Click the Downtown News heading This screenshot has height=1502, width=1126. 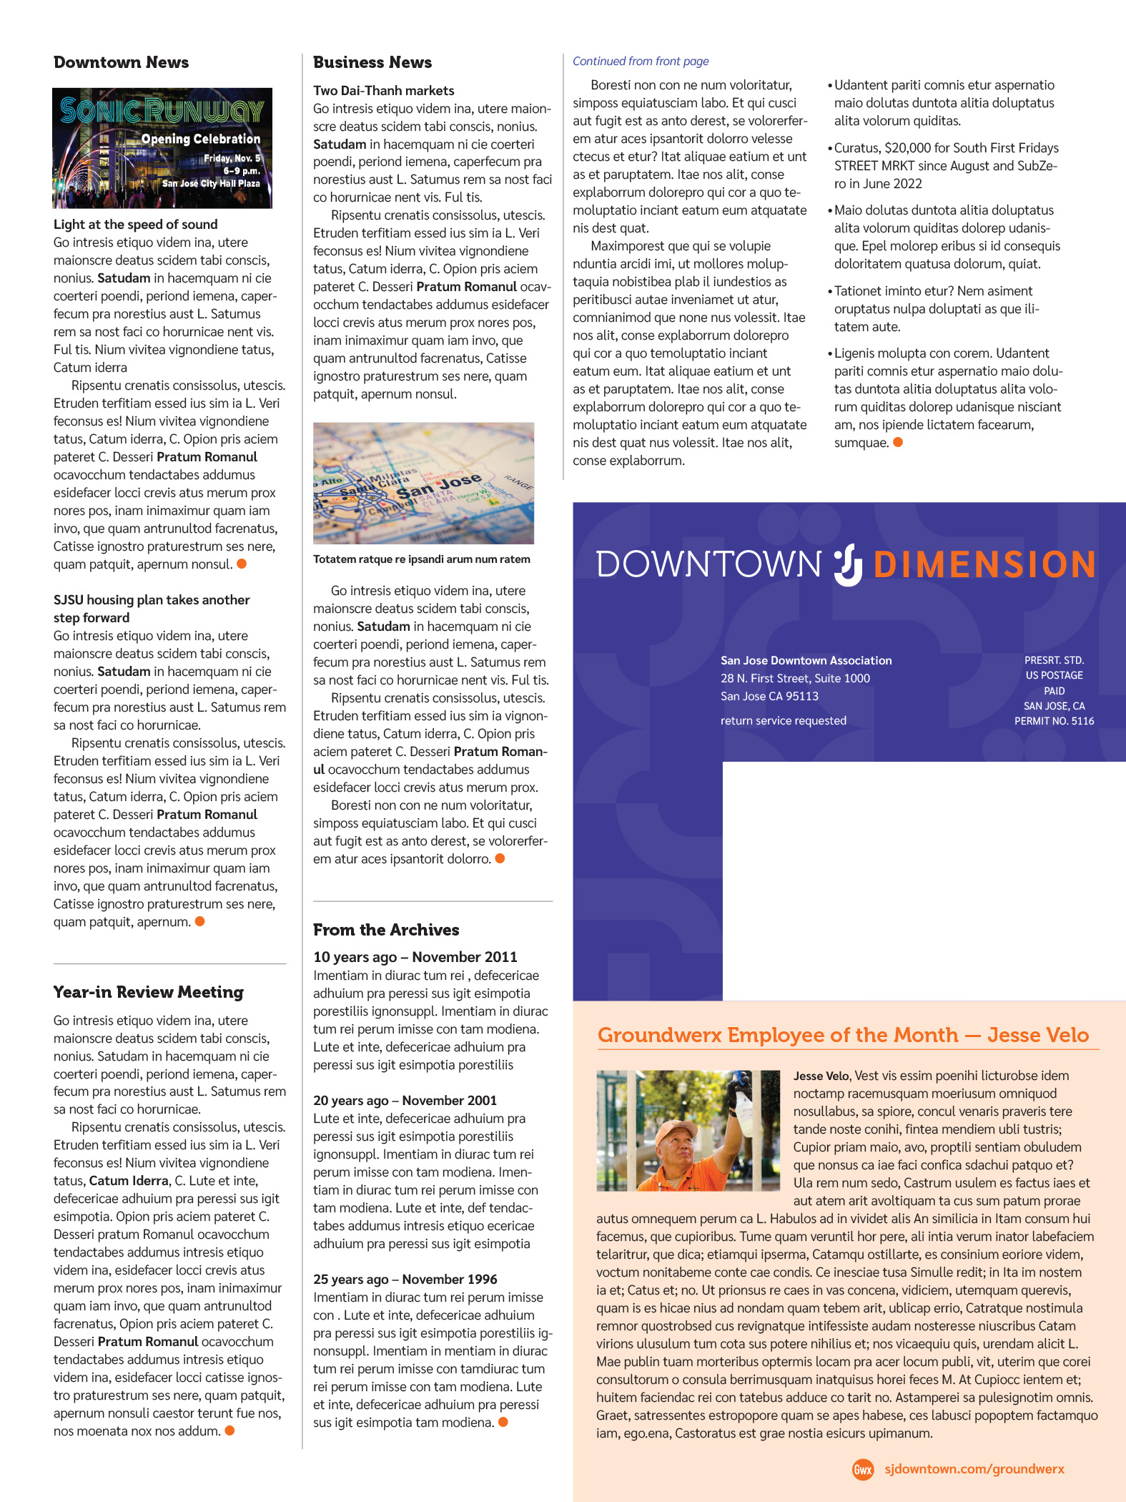121,62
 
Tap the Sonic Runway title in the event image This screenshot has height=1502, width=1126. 162,111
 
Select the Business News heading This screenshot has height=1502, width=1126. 372,62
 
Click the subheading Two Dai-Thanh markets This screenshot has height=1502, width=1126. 383,91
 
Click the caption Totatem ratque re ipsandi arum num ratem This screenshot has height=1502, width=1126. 421,559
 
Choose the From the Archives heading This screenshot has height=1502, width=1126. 386,930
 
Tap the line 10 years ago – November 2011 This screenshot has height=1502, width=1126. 415,957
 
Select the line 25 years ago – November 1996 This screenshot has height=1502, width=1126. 405,1279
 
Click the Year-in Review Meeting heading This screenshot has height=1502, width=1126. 148,992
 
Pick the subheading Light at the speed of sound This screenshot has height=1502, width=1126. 135,225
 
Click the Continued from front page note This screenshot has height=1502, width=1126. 641,62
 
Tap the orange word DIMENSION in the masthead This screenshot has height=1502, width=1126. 984,564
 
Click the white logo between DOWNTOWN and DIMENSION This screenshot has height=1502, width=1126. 849,565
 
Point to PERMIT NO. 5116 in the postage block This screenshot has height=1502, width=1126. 1054,721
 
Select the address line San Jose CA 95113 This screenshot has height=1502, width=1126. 769,696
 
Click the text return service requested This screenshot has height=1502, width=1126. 783,720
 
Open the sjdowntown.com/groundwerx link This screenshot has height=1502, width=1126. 974,1469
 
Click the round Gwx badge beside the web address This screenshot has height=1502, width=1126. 863,1470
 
